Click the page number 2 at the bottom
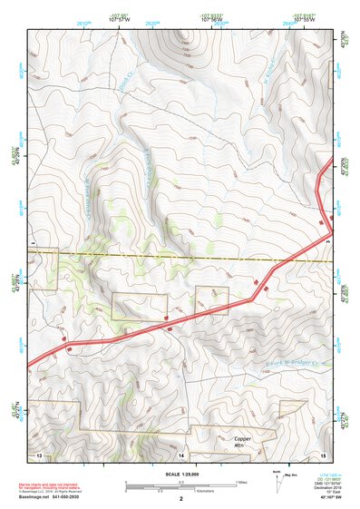pyautogui.click(x=181, y=499)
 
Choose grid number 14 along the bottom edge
pyautogui.click(x=181, y=453)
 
